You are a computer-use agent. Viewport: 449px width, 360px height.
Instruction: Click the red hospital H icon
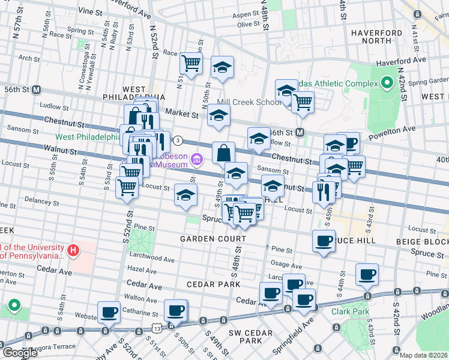73,250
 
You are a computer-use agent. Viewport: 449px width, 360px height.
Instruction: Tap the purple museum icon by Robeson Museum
197,159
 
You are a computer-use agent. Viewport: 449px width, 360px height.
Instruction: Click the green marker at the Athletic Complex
387,82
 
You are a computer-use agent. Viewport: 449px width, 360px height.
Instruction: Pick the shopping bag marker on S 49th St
223,152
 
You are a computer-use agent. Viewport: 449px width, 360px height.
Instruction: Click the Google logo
20,353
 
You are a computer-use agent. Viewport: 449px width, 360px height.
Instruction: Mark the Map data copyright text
424,355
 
